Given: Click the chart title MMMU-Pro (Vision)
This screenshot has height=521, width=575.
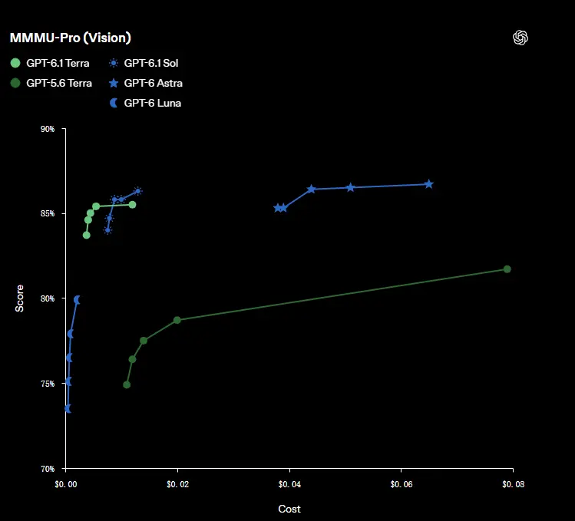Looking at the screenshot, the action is (71, 38).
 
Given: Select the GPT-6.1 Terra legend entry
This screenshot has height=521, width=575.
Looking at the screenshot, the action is (50, 63).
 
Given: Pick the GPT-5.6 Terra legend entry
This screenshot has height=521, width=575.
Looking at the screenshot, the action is (51, 83).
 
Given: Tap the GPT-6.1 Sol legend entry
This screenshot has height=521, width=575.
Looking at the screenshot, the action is (144, 63).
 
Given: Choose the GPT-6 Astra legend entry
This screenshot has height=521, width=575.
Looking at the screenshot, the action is (146, 83).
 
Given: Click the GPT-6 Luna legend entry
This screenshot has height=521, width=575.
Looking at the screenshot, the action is (145, 103).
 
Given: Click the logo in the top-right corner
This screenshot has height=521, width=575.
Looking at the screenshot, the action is (520, 38).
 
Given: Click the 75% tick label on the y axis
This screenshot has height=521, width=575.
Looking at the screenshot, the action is (48, 384).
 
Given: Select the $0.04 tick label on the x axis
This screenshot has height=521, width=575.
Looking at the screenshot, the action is (289, 484).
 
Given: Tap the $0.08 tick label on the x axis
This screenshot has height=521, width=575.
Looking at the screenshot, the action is (513, 484).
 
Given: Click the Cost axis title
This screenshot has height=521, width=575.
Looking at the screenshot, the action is (289, 509).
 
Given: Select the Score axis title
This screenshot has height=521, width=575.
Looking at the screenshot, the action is (19, 298).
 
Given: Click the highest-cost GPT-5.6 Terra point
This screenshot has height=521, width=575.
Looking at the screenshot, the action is (507, 269).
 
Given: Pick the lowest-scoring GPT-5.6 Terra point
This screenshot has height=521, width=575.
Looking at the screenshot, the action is (127, 384).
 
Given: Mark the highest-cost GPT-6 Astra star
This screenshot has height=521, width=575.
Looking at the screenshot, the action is (429, 184).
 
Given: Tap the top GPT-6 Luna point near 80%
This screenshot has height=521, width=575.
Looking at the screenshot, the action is (77, 300).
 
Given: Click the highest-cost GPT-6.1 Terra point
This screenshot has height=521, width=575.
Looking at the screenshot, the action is (132, 205).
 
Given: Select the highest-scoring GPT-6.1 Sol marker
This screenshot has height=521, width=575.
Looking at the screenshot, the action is (138, 191).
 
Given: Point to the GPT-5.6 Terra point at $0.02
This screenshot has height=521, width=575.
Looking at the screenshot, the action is (177, 320).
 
